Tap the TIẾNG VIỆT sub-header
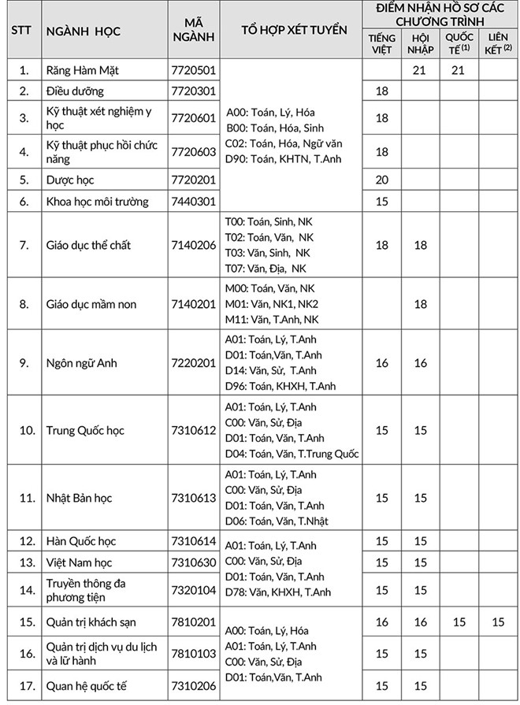(x=381, y=44)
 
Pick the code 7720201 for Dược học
(x=193, y=180)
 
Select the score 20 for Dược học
(x=382, y=180)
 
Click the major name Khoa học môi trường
(x=97, y=202)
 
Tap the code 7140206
(x=193, y=245)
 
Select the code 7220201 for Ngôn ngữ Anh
(x=193, y=363)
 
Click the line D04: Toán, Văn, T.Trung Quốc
(x=292, y=454)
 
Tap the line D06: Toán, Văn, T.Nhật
(x=277, y=521)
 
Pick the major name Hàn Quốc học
(x=81, y=541)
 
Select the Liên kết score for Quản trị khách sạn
(x=497, y=622)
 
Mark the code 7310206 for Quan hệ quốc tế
(x=193, y=685)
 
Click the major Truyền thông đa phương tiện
(x=86, y=590)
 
